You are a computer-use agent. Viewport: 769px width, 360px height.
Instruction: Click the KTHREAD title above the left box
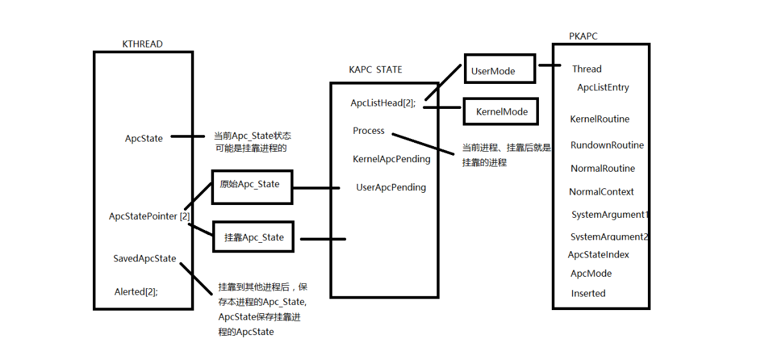(x=142, y=44)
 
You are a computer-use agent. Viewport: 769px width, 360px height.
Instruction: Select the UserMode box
(x=499, y=69)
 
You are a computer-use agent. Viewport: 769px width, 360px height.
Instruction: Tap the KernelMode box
(x=501, y=111)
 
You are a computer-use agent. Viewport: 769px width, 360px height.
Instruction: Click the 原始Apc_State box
(x=252, y=186)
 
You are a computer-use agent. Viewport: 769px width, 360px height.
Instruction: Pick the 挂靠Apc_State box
(x=254, y=238)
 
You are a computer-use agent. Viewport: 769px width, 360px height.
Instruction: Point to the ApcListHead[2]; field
(x=383, y=103)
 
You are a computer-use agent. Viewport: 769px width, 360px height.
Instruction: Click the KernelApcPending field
(x=392, y=159)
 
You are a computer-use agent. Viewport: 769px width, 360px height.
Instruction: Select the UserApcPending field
(x=391, y=188)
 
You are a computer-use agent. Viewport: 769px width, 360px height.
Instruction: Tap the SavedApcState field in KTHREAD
(x=145, y=259)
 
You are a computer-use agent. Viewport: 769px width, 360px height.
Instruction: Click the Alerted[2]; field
(x=136, y=291)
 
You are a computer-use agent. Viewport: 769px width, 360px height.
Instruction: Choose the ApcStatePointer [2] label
(x=149, y=217)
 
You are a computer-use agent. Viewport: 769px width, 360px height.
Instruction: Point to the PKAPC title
(x=583, y=37)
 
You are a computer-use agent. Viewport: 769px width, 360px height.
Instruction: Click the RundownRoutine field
(x=607, y=145)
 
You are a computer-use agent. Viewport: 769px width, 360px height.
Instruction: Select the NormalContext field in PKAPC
(x=601, y=192)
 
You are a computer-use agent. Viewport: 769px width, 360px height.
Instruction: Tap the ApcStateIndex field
(x=599, y=255)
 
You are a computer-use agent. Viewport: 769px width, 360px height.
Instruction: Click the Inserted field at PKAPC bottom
(x=588, y=293)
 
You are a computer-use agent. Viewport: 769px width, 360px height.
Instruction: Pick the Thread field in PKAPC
(x=587, y=69)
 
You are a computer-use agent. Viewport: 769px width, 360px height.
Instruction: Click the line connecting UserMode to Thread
(x=550, y=65)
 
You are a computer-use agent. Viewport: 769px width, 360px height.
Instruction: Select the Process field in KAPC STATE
(x=368, y=131)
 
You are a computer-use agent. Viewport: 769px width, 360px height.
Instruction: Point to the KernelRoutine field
(x=600, y=119)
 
